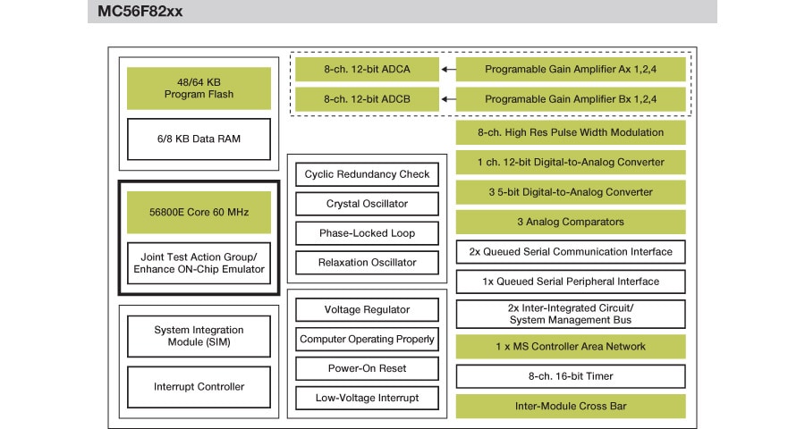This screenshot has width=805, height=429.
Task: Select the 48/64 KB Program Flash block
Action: pyautogui.click(x=199, y=88)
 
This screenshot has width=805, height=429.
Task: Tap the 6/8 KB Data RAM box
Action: pyautogui.click(x=199, y=139)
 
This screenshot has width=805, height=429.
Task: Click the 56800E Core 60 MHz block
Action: pyautogui.click(x=199, y=213)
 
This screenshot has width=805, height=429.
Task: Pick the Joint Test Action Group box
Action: pyautogui.click(x=199, y=263)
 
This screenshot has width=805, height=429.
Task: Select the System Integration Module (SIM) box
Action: pyautogui.click(x=199, y=336)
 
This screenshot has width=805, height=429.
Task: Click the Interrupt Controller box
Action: pyautogui.click(x=199, y=387)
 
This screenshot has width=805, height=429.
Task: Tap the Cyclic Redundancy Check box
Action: pyautogui.click(x=367, y=174)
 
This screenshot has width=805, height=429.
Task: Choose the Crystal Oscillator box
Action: pyautogui.click(x=367, y=204)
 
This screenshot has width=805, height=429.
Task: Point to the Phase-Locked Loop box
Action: pyautogui.click(x=367, y=233)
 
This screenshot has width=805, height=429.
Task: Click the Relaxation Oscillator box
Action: pyautogui.click(x=367, y=263)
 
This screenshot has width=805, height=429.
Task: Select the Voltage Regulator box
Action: pyautogui.click(x=367, y=310)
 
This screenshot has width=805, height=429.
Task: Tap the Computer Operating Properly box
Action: pyautogui.click(x=367, y=340)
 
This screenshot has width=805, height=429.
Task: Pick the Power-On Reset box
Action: pyautogui.click(x=367, y=369)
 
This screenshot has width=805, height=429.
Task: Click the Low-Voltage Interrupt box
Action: pyautogui.click(x=367, y=399)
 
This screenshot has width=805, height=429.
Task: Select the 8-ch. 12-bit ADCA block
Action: pyautogui.click(x=367, y=69)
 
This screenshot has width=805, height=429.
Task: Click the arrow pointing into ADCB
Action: pyautogui.click(x=447, y=98)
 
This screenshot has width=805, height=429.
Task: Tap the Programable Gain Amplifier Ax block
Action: pyautogui.click(x=571, y=69)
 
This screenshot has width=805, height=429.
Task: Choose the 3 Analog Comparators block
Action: pyautogui.click(x=571, y=222)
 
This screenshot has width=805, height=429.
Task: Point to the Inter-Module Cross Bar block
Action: pyautogui.click(x=571, y=407)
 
